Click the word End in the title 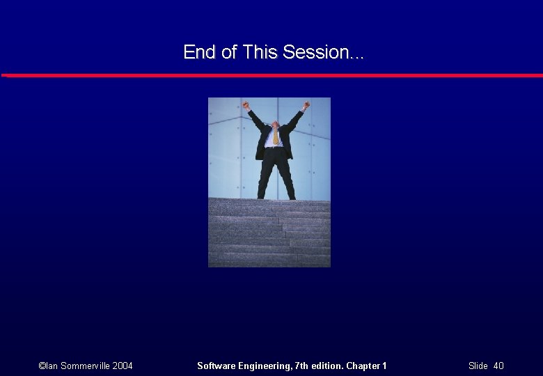click(197, 52)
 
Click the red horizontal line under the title click(271, 75)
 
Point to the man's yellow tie click(276, 136)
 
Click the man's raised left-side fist click(246, 106)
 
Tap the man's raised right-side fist click(306, 105)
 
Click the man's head click(276, 125)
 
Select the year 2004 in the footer click(122, 366)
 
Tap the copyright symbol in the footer click(42, 366)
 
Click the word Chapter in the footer click(363, 366)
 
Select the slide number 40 click(498, 366)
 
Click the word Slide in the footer click(478, 366)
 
